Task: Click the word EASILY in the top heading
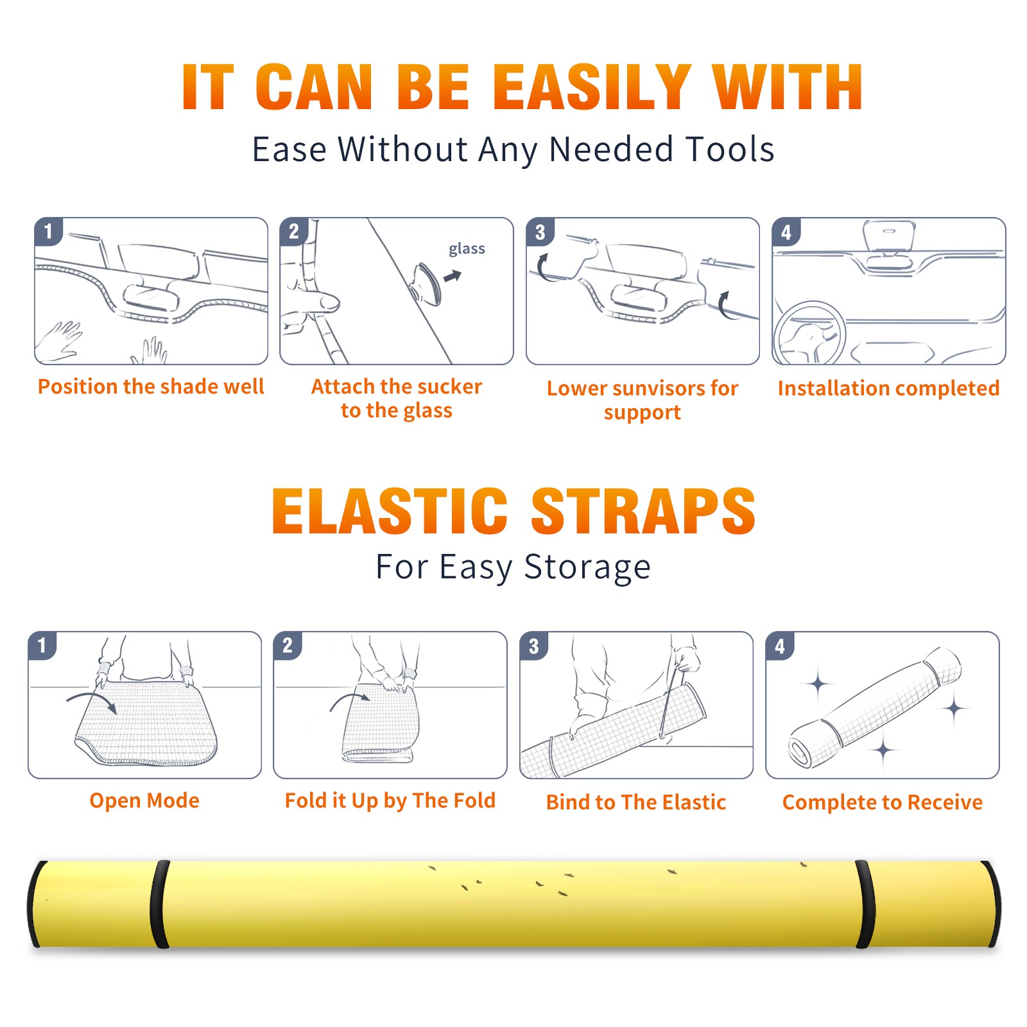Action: point(593,87)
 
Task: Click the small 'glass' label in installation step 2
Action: point(467,249)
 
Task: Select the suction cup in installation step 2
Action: point(427,283)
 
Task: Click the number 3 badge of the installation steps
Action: point(540,232)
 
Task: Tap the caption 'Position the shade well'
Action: point(151,386)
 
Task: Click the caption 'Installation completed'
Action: point(888,388)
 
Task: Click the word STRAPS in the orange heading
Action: point(643,511)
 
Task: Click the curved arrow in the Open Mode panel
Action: point(91,701)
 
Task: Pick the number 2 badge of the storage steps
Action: point(288,645)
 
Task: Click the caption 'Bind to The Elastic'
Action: point(636,802)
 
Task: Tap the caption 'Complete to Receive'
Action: point(883,802)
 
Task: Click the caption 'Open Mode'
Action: point(144,800)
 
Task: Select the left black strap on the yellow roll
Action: point(159,904)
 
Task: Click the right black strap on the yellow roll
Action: point(865,904)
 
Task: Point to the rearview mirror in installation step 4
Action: point(889,236)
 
